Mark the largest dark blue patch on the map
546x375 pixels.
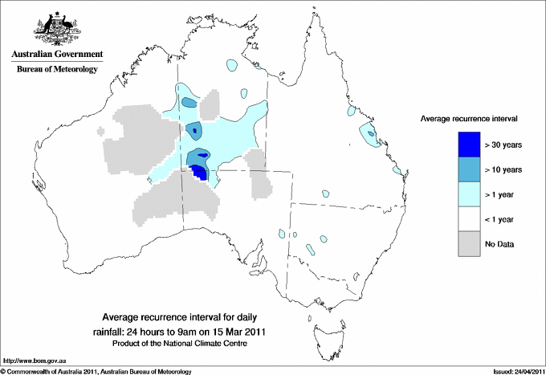(199, 171)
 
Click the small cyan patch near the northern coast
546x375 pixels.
(231, 63)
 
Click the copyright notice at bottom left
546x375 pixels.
(96, 371)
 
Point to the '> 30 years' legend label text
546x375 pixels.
(503, 145)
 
